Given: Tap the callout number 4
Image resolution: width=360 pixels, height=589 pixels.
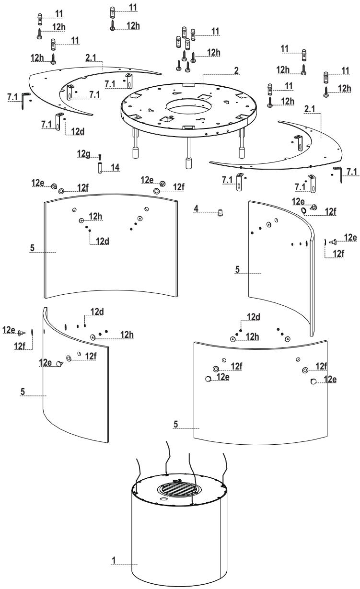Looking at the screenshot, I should (x=197, y=208).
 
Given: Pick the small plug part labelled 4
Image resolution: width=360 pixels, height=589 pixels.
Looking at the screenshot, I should (x=220, y=213).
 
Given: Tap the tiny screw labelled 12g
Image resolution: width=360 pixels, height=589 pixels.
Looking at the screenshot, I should (x=100, y=157).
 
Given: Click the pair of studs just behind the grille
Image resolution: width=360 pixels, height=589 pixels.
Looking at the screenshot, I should (x=178, y=480).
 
